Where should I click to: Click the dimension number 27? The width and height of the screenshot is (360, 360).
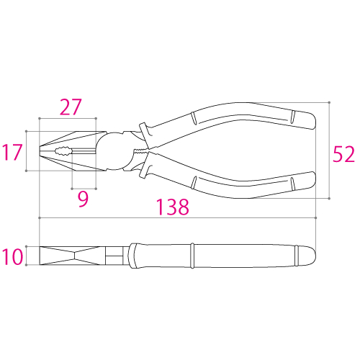70,107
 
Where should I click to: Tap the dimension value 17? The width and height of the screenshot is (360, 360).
12,153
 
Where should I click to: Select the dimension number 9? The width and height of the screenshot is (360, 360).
84,197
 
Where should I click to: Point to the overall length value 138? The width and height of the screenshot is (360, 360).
172,208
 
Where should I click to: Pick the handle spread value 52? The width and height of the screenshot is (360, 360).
343,153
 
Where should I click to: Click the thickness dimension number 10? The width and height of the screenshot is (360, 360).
12,256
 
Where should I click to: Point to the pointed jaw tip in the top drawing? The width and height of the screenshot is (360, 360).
41,151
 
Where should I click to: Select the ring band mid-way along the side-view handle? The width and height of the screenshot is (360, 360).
193,256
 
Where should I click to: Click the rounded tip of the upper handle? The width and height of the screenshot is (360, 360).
310,119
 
